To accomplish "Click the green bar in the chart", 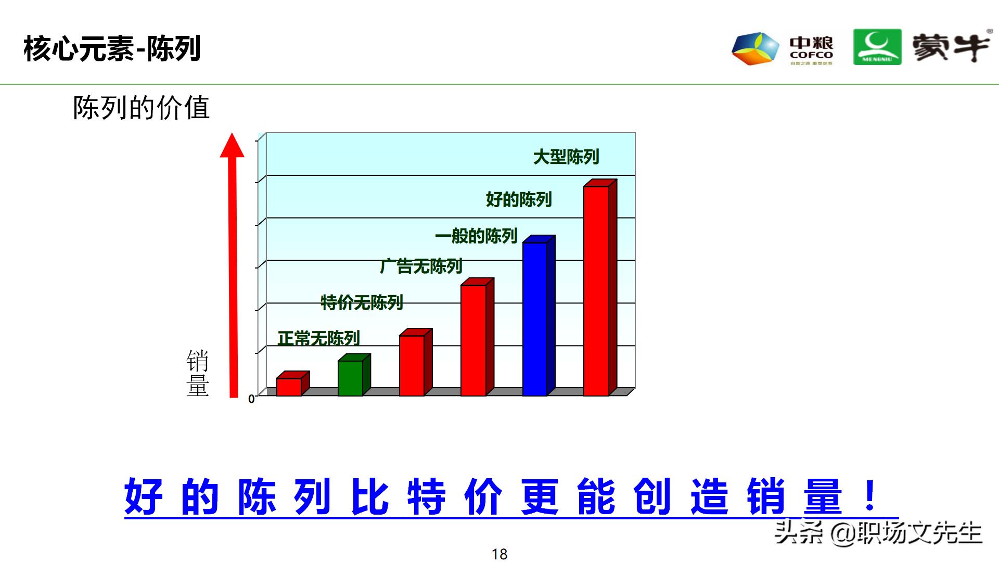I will click(350, 378).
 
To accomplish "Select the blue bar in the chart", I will click(535, 318).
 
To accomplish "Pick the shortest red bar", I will click(289, 387).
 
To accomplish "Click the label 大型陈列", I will click(566, 157).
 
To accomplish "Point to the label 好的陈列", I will click(518, 199).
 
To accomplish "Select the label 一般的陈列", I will click(476, 236).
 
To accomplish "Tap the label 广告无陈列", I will click(421, 266).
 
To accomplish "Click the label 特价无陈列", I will click(362, 302).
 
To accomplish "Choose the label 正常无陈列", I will click(318, 339).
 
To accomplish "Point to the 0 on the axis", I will click(251, 399).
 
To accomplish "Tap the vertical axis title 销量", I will click(198, 374).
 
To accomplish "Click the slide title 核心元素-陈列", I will click(112, 49).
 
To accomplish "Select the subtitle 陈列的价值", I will click(141, 108).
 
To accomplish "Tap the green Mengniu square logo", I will click(877, 47).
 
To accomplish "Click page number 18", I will click(499, 554).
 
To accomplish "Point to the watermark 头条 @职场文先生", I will click(878, 533).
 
